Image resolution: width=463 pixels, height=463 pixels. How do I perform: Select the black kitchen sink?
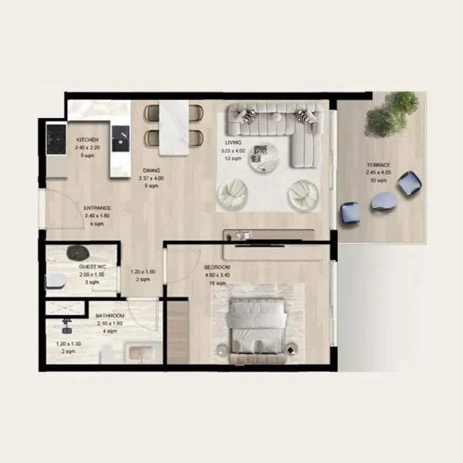tap(120, 138)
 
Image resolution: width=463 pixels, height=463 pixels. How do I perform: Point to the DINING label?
tap(150, 171)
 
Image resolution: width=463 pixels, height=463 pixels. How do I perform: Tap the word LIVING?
tap(233, 143)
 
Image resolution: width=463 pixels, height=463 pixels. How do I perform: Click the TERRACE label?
tap(378, 165)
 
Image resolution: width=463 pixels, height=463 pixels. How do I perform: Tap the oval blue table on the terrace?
tap(384, 201)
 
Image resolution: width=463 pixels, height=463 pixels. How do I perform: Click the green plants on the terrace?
tap(392, 113)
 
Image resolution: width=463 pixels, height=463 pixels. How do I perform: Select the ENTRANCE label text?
tap(97, 208)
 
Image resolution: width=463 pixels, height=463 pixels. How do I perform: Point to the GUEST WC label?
tap(93, 267)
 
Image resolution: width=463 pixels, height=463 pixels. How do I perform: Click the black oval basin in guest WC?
tap(79, 252)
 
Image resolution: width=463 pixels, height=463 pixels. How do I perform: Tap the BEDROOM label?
tap(218, 267)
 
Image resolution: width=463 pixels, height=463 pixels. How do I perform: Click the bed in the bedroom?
tap(258, 324)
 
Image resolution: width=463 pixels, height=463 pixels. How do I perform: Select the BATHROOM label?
tap(110, 316)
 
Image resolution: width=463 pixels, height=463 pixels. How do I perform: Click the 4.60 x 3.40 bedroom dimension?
tap(218, 275)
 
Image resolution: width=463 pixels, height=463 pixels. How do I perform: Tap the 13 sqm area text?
tap(232, 158)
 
